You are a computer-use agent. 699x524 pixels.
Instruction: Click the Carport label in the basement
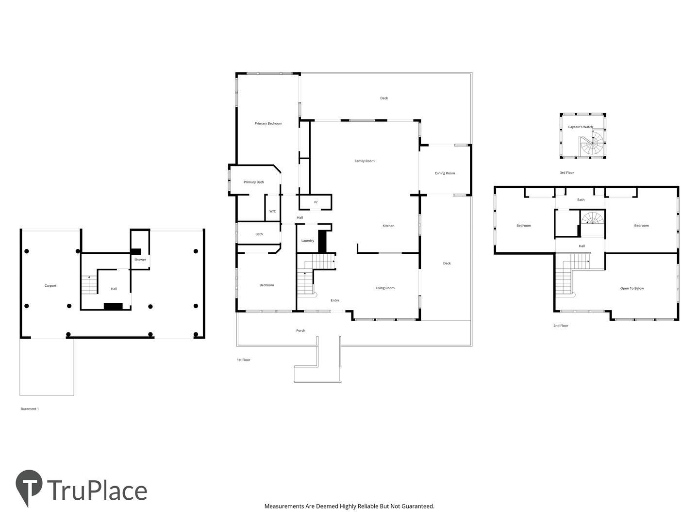50,286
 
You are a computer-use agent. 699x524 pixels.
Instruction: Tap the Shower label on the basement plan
140,260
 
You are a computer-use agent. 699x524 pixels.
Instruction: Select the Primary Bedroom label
268,123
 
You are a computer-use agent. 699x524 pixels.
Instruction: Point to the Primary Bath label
253,182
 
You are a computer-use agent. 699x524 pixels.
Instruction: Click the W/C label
273,211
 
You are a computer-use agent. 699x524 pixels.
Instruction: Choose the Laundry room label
308,241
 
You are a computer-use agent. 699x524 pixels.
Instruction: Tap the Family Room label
365,161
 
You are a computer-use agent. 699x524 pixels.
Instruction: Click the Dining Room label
445,173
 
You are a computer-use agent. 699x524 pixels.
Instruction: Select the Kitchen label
388,226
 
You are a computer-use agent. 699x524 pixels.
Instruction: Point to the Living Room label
384,288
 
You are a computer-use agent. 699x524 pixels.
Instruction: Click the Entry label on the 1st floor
334,300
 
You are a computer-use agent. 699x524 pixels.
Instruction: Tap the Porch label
300,330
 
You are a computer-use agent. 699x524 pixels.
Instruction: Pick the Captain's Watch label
580,127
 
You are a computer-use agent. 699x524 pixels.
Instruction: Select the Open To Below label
632,289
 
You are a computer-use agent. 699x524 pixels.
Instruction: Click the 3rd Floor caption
567,173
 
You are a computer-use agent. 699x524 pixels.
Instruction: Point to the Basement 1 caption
30,409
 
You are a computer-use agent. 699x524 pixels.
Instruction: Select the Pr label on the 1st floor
316,202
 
